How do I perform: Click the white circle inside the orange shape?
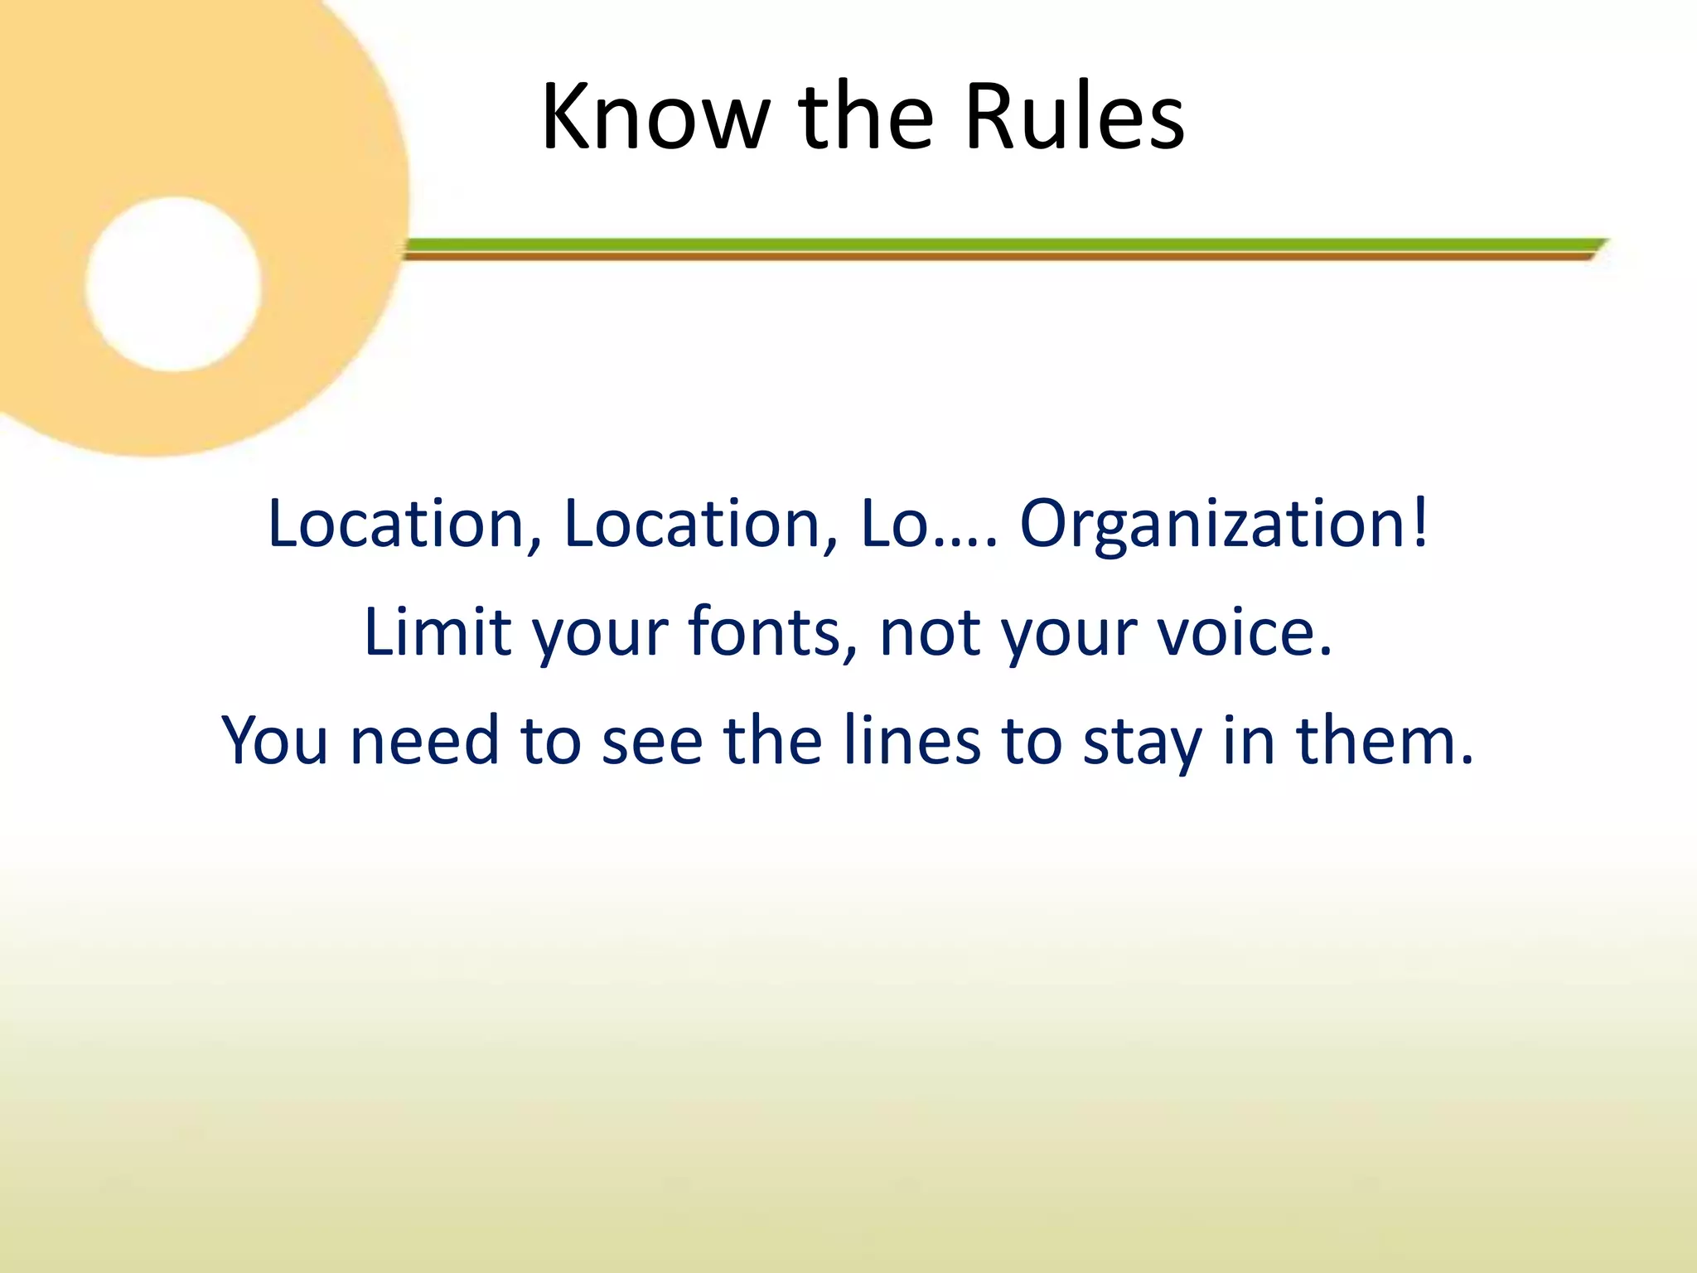click(x=173, y=284)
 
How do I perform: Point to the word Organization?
click(x=1225, y=524)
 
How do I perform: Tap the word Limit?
click(x=437, y=632)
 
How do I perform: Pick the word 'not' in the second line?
click(x=931, y=632)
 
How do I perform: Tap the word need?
click(x=425, y=739)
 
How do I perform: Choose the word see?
click(x=652, y=739)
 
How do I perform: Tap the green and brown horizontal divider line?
click(x=994, y=249)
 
